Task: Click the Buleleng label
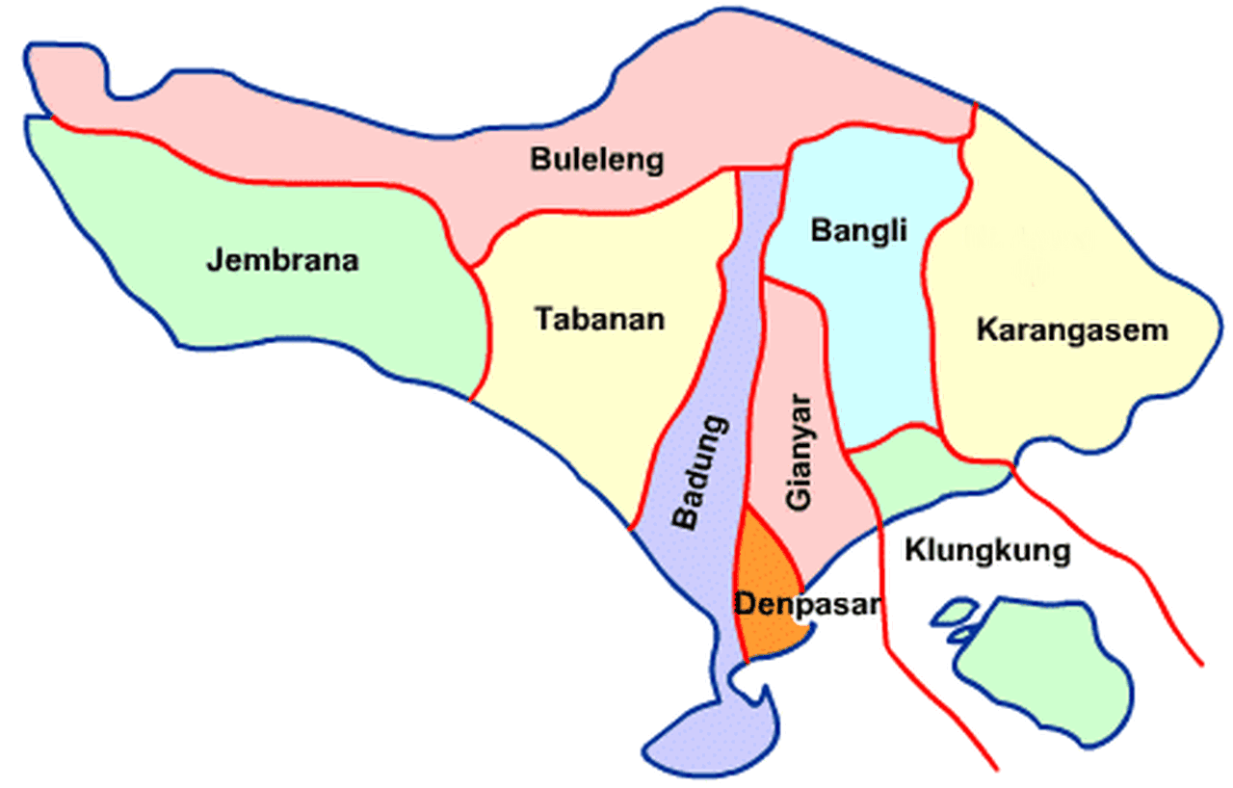(597, 159)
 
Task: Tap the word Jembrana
(282, 260)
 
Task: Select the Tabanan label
(600, 318)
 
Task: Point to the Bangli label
(847, 231)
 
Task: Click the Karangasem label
(1071, 330)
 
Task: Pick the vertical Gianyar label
(799, 453)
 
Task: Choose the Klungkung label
(987, 551)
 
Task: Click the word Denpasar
(807, 605)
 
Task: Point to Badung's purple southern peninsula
(713, 732)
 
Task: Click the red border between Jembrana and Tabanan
(485, 328)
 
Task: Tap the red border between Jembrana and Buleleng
(241, 178)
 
